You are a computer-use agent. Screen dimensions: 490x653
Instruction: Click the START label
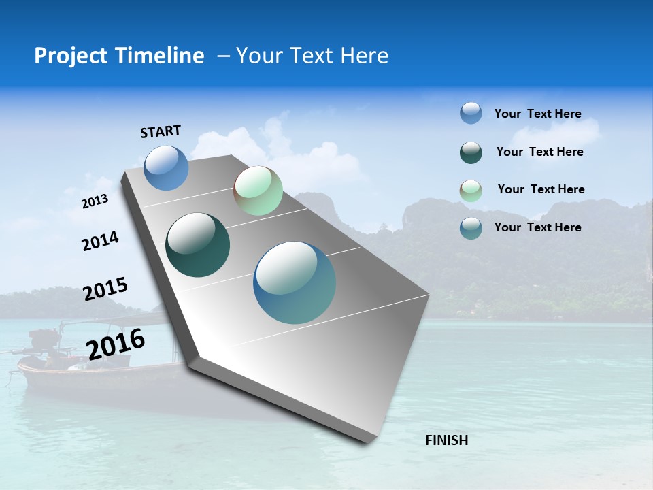(161, 131)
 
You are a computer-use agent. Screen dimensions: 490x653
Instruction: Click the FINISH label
(446, 440)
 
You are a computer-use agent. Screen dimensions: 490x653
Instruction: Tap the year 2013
(95, 201)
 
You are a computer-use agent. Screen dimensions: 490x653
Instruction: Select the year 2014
(100, 242)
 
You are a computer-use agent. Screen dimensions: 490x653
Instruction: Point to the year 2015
(105, 289)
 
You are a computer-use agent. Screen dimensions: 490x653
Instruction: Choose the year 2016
(116, 344)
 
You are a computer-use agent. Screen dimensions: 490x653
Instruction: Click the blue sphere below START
(166, 167)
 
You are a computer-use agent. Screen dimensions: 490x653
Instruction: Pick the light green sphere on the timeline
(258, 191)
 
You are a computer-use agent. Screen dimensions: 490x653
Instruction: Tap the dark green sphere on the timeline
(198, 245)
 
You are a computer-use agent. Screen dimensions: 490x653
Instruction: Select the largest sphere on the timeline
(295, 282)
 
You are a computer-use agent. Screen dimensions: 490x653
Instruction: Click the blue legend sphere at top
(471, 113)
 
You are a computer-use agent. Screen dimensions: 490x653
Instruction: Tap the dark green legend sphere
(471, 152)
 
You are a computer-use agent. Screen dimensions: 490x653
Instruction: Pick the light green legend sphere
(471, 191)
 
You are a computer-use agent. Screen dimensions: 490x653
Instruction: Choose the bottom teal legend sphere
(471, 228)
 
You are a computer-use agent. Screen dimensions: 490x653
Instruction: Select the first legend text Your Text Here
(537, 114)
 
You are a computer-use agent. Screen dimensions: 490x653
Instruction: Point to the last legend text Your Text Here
(537, 227)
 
